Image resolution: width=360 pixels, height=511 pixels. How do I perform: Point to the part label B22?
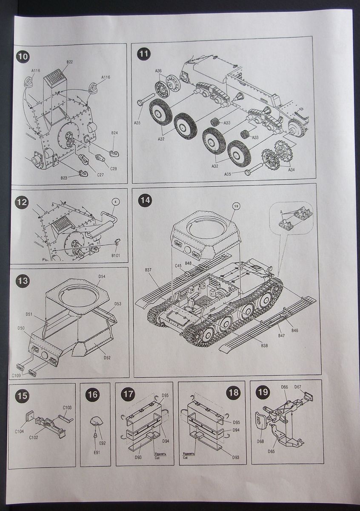[x=69, y=62]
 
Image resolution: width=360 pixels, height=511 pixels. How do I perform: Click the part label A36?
[x=158, y=70]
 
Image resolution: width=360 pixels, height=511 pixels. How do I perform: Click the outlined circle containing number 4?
[x=114, y=202]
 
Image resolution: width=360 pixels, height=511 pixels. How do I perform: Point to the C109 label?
[x=16, y=375]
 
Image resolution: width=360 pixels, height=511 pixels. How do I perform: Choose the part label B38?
[x=264, y=345]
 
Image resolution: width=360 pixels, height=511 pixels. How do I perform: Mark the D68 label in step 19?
[x=260, y=441]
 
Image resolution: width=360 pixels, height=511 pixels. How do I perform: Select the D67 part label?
[x=298, y=387]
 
